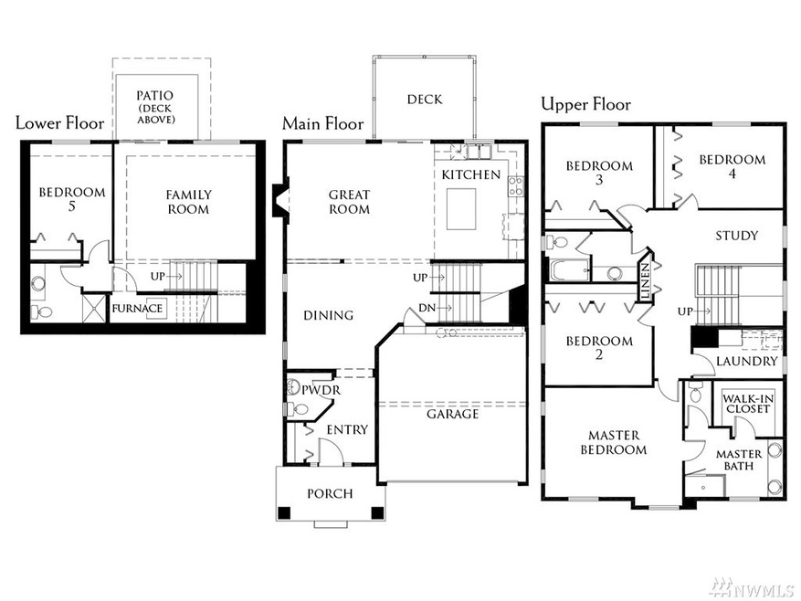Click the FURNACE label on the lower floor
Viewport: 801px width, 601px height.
point(138,309)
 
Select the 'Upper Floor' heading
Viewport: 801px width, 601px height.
point(585,103)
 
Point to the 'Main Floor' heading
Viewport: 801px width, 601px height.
point(322,123)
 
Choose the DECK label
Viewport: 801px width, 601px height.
point(425,100)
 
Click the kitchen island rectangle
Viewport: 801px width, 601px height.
point(462,209)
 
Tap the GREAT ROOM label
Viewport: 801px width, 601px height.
point(349,202)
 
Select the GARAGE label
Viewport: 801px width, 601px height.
point(452,414)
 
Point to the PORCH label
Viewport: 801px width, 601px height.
point(330,493)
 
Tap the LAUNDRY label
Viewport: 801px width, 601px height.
point(746,362)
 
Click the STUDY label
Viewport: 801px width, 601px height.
point(736,236)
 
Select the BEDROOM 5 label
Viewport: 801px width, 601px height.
point(71,201)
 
